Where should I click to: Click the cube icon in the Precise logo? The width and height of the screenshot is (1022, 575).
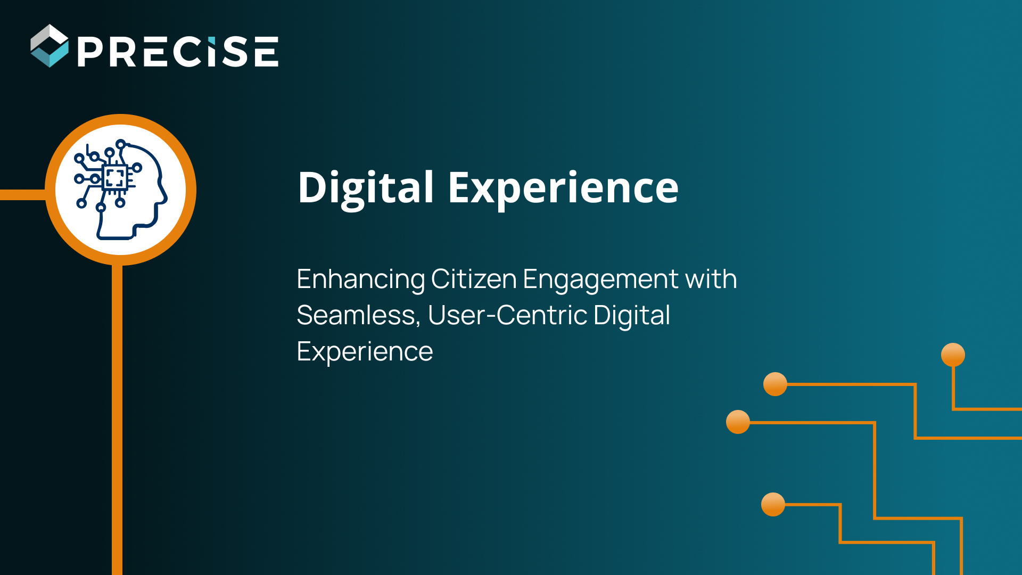tap(50, 46)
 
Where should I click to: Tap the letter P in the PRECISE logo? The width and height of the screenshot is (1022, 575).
tap(92, 52)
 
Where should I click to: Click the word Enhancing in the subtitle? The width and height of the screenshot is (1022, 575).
tap(360, 280)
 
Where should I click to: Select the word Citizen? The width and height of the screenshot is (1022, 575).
tap(474, 279)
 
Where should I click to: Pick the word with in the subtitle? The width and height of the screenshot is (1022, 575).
tap(711, 279)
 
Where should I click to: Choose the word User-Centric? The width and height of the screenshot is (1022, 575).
tap(507, 315)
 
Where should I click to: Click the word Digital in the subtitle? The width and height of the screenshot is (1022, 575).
tap(631, 316)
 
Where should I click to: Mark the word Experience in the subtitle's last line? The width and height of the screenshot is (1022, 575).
tap(365, 352)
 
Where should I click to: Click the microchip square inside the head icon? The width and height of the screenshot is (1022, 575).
tap(114, 177)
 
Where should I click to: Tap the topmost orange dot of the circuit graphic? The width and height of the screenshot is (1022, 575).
tap(953, 355)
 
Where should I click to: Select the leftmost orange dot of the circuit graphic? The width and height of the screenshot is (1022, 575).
tap(738, 422)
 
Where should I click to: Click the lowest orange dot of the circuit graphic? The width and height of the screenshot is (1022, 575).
tap(773, 504)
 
